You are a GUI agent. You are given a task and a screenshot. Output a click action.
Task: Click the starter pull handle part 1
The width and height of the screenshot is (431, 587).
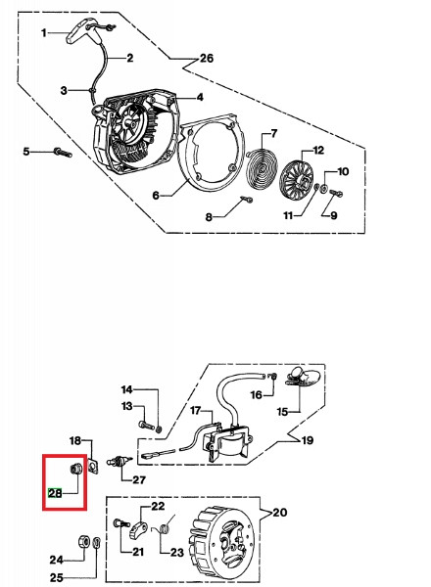click(x=82, y=33)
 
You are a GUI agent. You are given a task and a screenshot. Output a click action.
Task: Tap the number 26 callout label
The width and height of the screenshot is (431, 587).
click(x=206, y=59)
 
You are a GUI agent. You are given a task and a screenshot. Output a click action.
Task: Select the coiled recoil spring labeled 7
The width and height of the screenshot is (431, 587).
click(x=262, y=167)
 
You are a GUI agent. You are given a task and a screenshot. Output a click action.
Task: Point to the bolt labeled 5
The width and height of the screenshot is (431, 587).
click(x=63, y=153)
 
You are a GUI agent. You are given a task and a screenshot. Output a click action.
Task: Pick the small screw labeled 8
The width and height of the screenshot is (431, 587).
click(x=247, y=199)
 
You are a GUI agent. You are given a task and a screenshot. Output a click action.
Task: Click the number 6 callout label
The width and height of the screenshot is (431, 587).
click(x=156, y=196)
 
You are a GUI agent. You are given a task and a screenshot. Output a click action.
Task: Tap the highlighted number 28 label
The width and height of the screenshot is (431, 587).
click(x=55, y=493)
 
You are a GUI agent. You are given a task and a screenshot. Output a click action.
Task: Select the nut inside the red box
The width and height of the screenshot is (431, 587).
click(x=74, y=468)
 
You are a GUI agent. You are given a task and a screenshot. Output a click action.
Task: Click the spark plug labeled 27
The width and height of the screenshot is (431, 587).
click(x=120, y=460)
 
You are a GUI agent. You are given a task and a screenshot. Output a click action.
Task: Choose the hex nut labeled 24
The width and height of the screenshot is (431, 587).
click(x=83, y=542)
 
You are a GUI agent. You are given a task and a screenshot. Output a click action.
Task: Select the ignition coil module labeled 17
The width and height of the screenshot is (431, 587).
click(x=226, y=443)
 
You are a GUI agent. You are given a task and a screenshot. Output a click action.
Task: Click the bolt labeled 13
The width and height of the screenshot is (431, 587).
click(x=146, y=426)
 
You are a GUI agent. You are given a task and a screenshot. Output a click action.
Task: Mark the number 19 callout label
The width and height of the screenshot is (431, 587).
click(x=308, y=440)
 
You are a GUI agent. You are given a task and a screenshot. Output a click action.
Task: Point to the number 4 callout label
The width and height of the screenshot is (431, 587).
click(x=200, y=97)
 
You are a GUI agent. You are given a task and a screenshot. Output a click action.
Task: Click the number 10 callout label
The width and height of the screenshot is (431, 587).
click(x=343, y=172)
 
